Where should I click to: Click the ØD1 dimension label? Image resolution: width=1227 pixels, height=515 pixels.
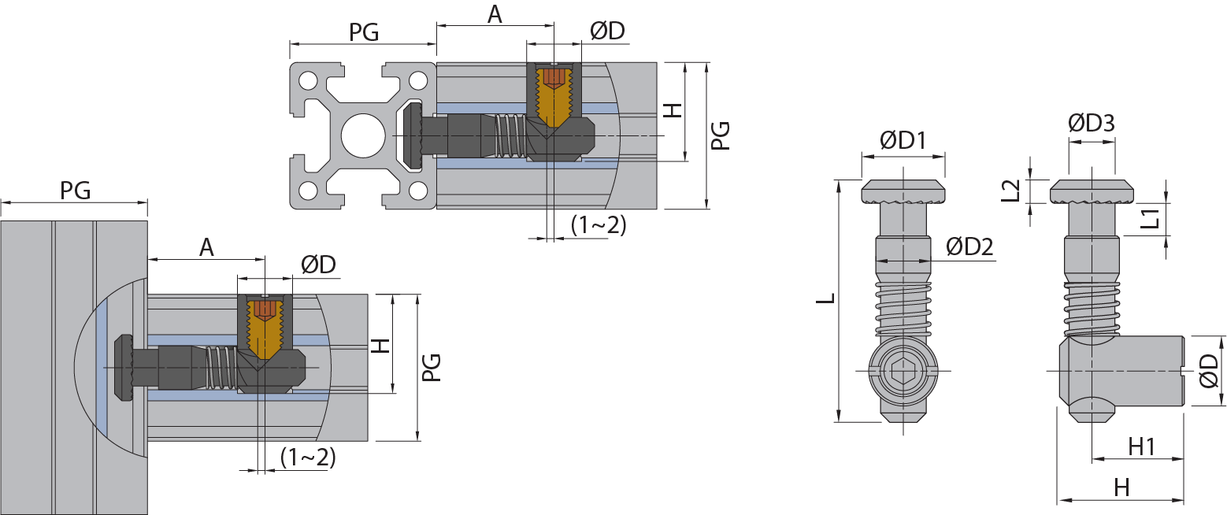(902, 141)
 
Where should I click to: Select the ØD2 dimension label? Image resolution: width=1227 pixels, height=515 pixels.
(969, 246)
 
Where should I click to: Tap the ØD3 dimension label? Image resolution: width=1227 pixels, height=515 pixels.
(1091, 124)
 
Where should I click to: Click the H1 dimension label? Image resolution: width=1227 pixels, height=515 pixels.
(1141, 446)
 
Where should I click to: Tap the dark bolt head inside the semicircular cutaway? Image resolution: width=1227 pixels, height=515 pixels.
(125, 367)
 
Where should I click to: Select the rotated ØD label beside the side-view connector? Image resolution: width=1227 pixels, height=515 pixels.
(1210, 369)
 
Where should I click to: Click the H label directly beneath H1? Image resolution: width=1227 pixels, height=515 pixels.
(1121, 488)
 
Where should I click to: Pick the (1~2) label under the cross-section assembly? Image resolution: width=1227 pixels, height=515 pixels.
(599, 225)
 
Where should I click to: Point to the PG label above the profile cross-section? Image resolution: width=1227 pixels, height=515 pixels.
(364, 31)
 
